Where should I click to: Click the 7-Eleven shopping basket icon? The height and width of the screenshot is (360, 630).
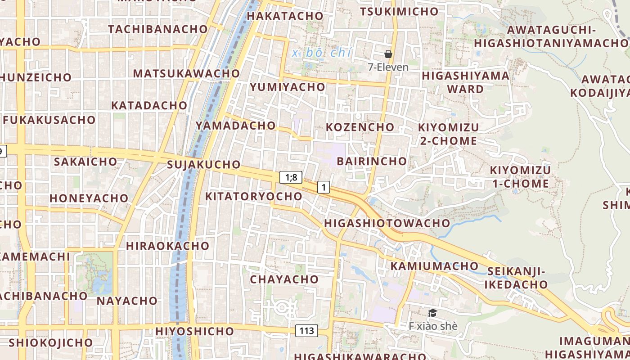pyautogui.click(x=388, y=54)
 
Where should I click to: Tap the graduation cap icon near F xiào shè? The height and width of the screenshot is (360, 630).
pyautogui.click(x=432, y=313)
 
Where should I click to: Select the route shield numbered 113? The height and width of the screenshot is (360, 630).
pyautogui.click(x=306, y=331)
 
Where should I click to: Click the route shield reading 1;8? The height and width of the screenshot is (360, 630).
pyautogui.click(x=291, y=177)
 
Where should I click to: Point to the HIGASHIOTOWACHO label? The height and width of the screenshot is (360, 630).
pyautogui.click(x=387, y=223)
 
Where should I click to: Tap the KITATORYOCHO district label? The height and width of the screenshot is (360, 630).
pyautogui.click(x=253, y=196)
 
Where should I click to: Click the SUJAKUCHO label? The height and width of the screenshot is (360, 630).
pyautogui.click(x=204, y=164)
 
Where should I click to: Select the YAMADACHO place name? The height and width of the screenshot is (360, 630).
pyautogui.click(x=235, y=125)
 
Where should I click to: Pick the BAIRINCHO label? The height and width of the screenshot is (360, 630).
pyautogui.click(x=371, y=161)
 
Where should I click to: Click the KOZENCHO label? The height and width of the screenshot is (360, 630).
pyautogui.click(x=360, y=127)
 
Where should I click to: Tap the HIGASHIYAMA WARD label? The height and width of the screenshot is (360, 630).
pyautogui.click(x=465, y=82)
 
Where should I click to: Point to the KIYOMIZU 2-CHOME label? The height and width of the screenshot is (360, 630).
pyautogui.click(x=448, y=134)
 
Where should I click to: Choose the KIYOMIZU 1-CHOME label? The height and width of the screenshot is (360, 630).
pyautogui.click(x=520, y=177)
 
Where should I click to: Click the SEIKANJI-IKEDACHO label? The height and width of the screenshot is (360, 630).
pyautogui.click(x=517, y=278)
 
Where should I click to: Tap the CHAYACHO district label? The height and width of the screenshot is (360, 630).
pyautogui.click(x=284, y=279)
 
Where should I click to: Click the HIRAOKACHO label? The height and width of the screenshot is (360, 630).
pyautogui.click(x=167, y=246)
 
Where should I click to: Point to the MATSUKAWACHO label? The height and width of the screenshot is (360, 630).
pyautogui.click(x=186, y=73)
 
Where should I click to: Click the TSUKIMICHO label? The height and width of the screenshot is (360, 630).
pyautogui.click(x=399, y=12)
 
